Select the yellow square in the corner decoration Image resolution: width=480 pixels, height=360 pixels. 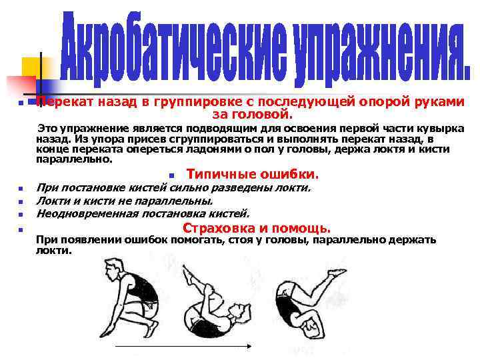[x=33, y=67]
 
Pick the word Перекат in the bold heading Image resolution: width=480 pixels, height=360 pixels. [x=65, y=102]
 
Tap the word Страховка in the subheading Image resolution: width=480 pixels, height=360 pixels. [x=216, y=228]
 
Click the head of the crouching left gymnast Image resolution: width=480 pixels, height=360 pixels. [x=111, y=267]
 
